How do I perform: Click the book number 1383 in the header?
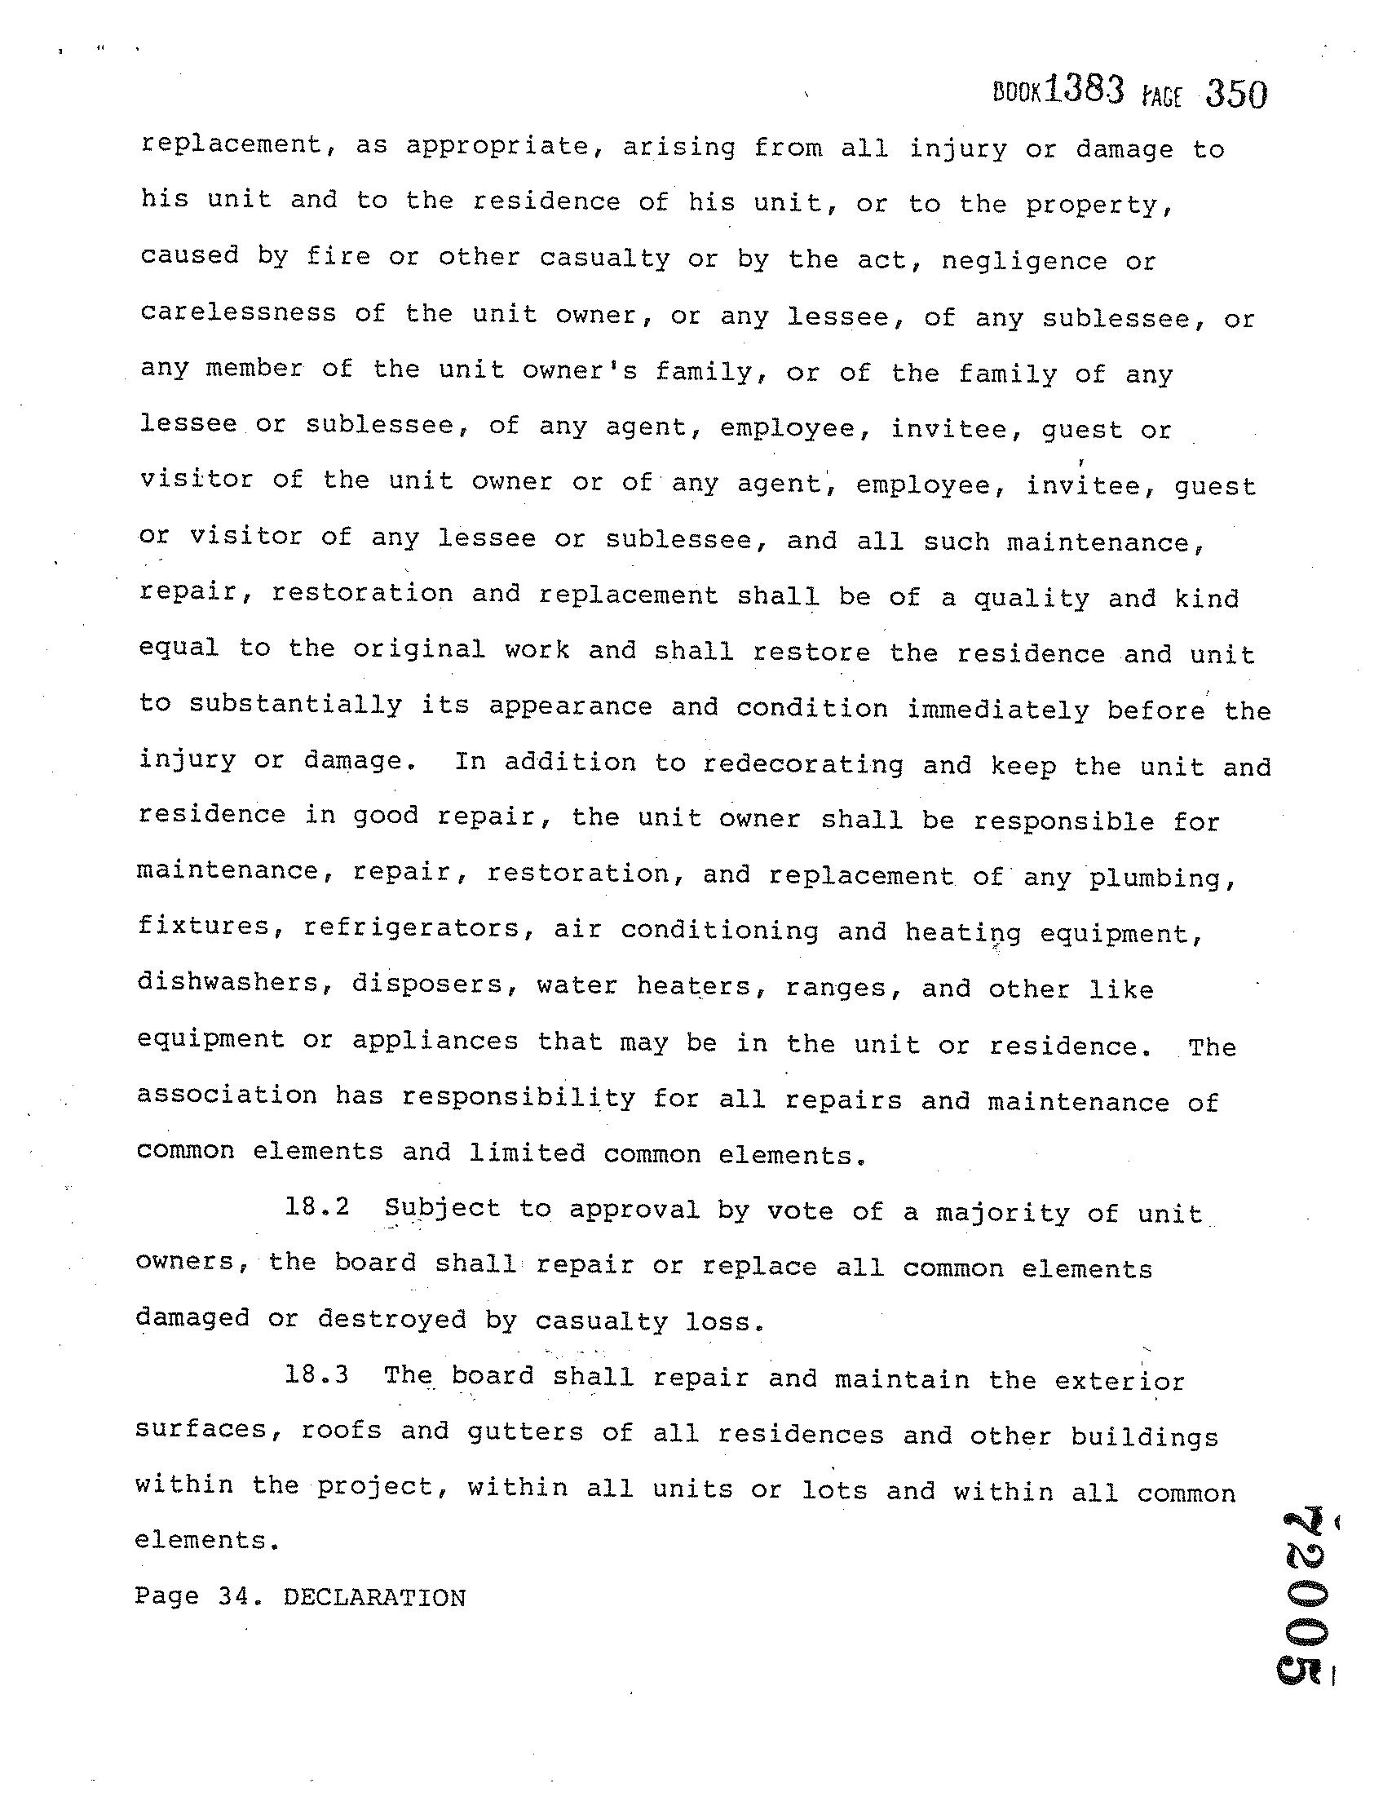point(1084,90)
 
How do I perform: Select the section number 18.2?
point(317,1207)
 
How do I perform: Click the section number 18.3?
point(317,1374)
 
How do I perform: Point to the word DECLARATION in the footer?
point(374,1598)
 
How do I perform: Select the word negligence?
point(1024,261)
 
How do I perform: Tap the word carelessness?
point(238,313)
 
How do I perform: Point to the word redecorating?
point(802,764)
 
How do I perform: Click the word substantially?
point(295,706)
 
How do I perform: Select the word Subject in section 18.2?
point(442,1208)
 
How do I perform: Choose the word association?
point(227,1095)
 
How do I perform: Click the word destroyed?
point(392,1320)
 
